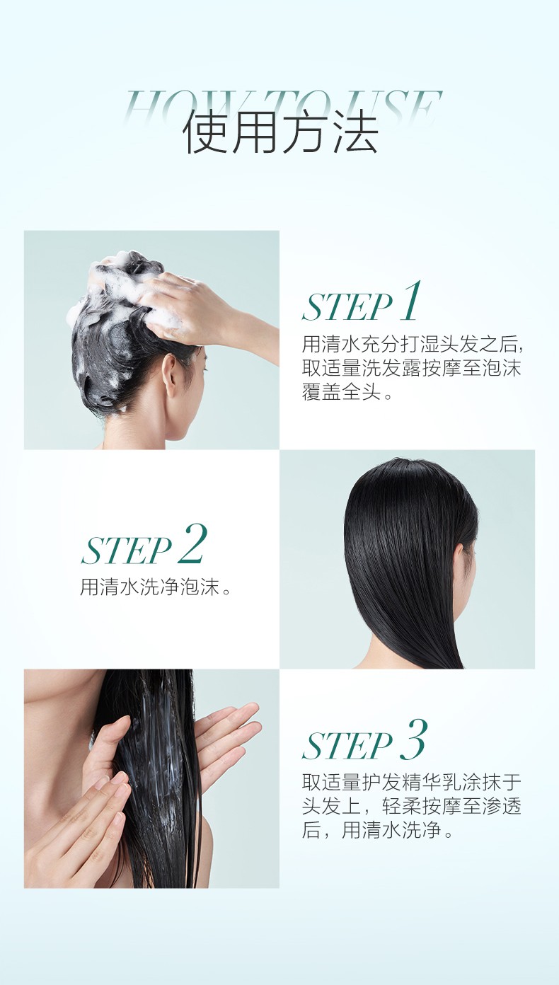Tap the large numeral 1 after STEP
pos(410,301)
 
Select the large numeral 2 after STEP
pos(191,543)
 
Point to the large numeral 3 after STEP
pos(413,739)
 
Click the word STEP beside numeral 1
pos(347,307)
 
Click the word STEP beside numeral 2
pos(126,550)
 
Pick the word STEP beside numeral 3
pos(347,746)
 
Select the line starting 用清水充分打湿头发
pos(411,345)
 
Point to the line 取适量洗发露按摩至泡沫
pos(411,368)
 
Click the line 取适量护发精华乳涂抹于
pos(411,783)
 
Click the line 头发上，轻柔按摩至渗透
pos(411,806)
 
